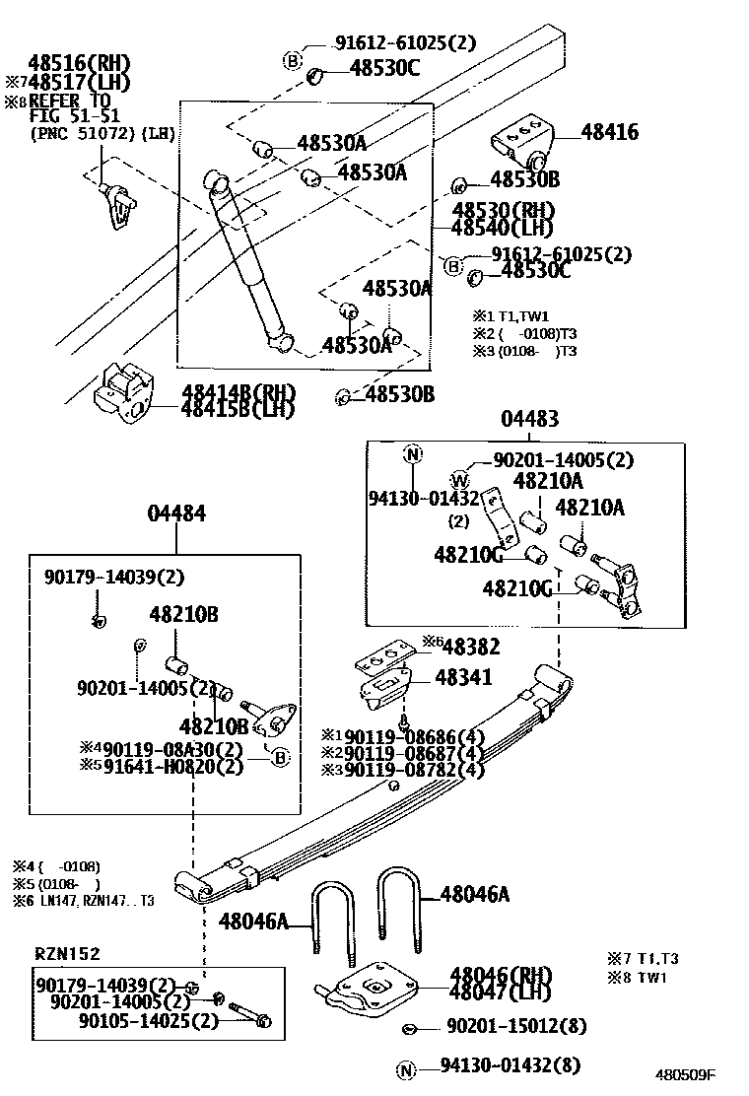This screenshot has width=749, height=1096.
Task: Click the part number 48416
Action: point(609,132)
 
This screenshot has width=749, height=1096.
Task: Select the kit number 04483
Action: point(529,419)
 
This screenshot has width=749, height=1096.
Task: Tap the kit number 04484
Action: point(176,514)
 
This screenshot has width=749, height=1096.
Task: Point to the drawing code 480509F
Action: point(686,1075)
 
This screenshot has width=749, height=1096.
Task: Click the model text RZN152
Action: point(67,953)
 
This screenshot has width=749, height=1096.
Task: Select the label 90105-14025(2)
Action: point(149,1020)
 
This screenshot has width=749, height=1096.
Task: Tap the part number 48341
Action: point(459,678)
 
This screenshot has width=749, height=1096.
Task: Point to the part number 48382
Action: point(471,647)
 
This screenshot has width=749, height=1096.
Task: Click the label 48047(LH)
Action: point(501,992)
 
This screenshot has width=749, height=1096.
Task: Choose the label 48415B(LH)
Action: point(238,409)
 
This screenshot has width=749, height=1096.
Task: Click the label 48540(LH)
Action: point(503,228)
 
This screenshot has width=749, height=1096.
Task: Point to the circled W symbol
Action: point(460,480)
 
